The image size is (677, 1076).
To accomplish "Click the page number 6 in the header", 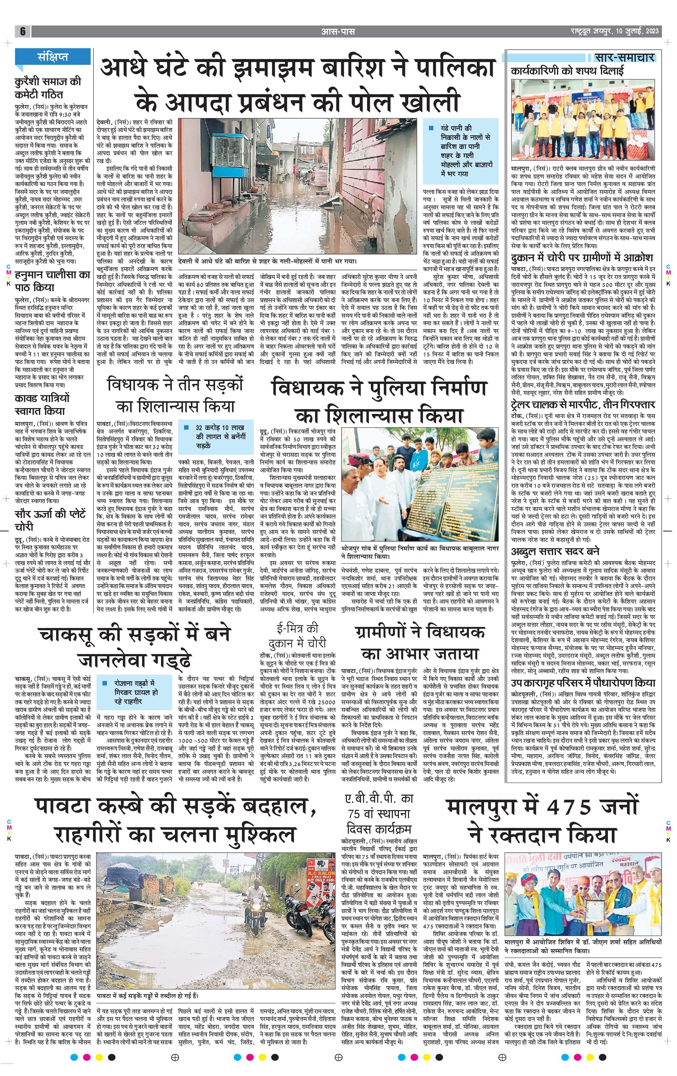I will click(22, 31).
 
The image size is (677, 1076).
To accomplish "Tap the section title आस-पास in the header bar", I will click(338, 31).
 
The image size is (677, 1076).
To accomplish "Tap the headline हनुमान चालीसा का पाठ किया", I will click(52, 281).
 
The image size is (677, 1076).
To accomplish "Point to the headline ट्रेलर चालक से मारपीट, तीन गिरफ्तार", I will click(583, 405).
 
